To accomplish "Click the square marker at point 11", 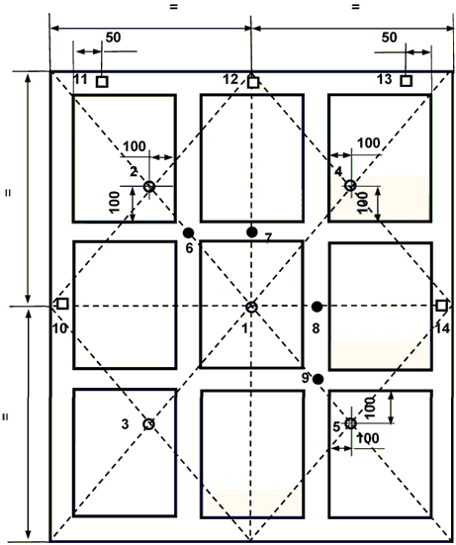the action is tap(102, 82).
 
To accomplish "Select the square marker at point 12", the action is tap(253, 82).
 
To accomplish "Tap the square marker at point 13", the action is tap(406, 81).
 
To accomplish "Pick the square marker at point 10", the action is tap(62, 304).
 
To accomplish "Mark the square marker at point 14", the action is tap(441, 306).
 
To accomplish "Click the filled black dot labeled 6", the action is tap(188, 232).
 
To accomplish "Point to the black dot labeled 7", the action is tap(251, 231).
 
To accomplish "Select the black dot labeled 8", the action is tap(317, 307).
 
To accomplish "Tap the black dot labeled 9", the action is tap(318, 380).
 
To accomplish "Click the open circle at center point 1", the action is tap(251, 307).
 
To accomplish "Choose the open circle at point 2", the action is tap(149, 186).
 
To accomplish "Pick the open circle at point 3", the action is tap(148, 424).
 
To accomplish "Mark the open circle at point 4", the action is tap(350, 185).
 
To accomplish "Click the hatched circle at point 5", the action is tap(351, 423).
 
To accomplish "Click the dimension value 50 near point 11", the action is tap(113, 38).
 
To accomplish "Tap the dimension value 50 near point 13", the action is tap(389, 38).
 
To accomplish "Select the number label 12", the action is tap(230, 79).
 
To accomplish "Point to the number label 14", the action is tap(442, 328).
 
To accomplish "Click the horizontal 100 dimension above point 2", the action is tap(135, 146).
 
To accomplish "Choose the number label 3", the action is tap(125, 424).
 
